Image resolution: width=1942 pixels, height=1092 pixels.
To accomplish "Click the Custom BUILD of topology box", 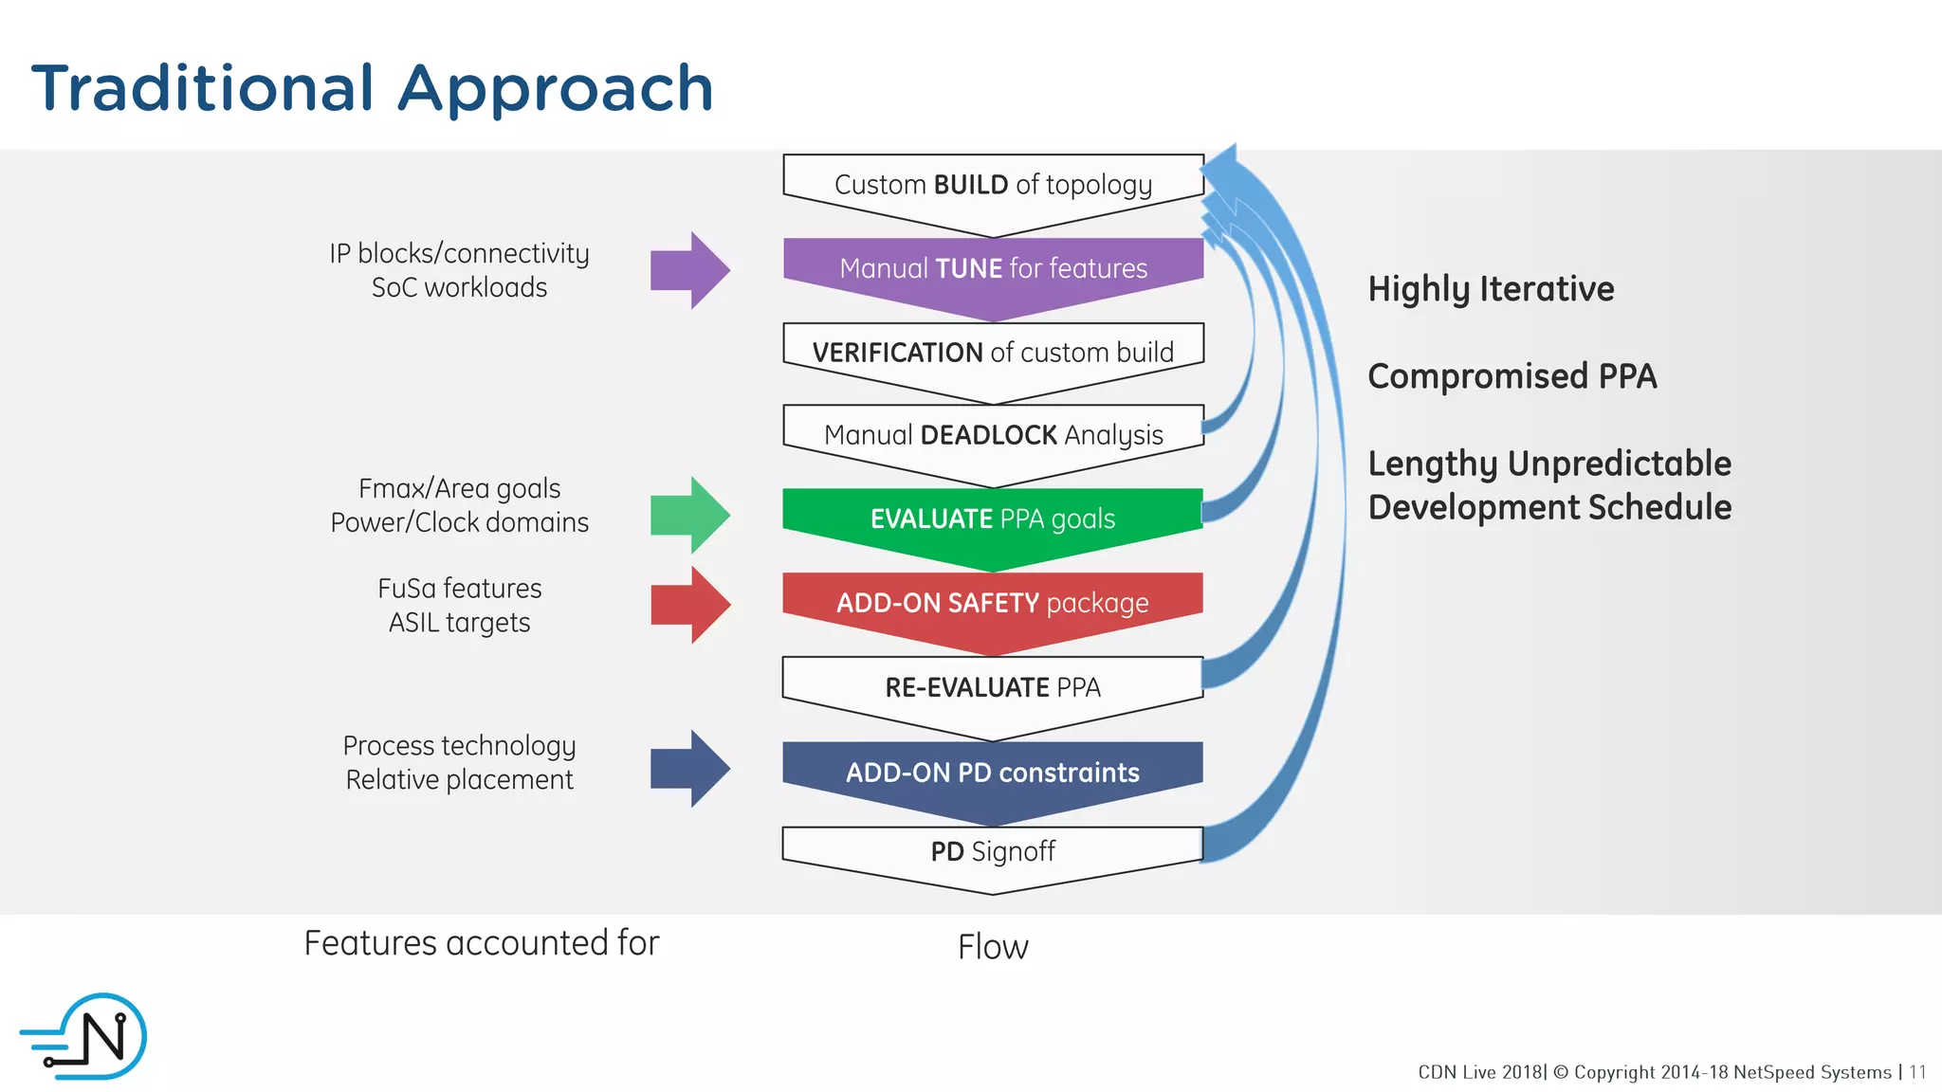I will coord(993,185).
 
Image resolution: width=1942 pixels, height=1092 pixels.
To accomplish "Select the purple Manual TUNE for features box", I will coord(993,269).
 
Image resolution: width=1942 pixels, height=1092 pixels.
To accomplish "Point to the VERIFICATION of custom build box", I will coord(993,353).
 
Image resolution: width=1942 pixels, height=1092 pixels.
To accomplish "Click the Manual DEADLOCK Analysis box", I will coord(993,435).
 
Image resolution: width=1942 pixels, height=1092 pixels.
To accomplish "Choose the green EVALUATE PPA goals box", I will coord(993,519).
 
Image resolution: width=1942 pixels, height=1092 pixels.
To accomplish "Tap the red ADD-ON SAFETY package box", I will coord(993,604).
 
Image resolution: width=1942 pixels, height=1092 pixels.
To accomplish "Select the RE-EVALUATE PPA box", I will coord(993,687).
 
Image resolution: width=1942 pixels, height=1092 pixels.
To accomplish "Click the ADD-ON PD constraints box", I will coord(993,773).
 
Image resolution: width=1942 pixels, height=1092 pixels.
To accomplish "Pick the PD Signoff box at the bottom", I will coord(993,851).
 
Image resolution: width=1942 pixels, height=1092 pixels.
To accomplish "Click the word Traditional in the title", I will coord(203,88).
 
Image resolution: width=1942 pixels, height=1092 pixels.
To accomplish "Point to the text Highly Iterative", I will coord(1491,289).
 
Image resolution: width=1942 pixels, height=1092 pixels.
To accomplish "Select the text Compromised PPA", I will coord(1511,376).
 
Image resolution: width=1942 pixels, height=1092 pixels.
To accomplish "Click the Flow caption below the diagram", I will coord(993,947).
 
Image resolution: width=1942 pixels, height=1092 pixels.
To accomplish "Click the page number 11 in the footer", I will coord(1917,1072).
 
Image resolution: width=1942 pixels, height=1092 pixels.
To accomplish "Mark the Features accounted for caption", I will coord(481,943).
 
